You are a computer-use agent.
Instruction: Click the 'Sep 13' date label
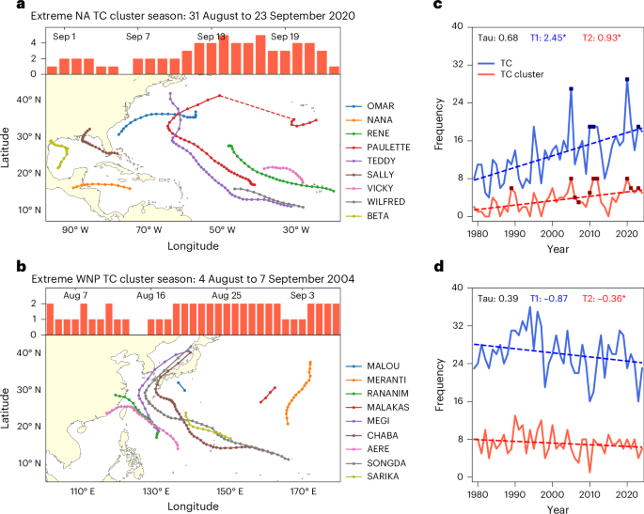click(211, 36)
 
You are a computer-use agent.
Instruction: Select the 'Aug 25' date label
click(227, 296)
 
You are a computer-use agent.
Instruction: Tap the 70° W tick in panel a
click(147, 229)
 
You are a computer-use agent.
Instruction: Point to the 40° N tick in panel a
click(27, 98)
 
